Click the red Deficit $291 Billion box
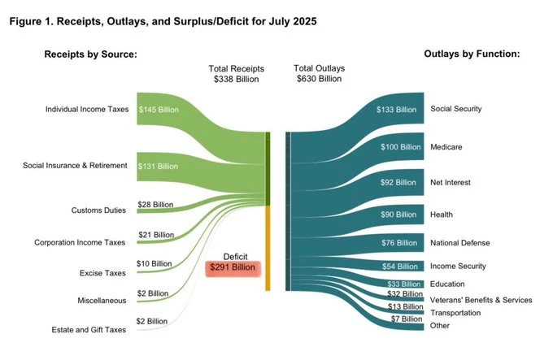coord(235,269)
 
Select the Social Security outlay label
coord(456,109)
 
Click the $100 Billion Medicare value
coord(400,147)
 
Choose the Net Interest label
coord(451,183)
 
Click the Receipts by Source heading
coord(91,54)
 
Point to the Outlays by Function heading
coord(472,54)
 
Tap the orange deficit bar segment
coord(268,248)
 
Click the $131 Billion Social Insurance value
coord(158,166)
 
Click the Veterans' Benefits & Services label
coord(481,300)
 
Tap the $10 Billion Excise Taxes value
coord(154,263)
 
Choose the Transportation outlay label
coord(456,313)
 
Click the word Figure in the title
coord(28,20)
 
